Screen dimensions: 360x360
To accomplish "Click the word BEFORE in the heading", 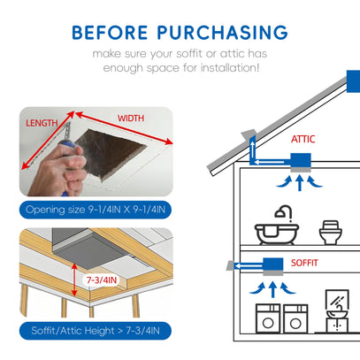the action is [110, 33].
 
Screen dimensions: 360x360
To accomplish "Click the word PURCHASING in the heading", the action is [222, 33].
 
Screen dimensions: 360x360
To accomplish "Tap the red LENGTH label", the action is [42, 123].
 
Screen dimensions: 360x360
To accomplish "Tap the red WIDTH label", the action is [131, 119].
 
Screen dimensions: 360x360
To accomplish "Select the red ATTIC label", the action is [303, 139].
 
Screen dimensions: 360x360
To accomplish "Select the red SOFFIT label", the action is [304, 263].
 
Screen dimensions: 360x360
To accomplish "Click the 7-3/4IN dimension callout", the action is [102, 280].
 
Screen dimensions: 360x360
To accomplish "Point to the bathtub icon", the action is [277, 225].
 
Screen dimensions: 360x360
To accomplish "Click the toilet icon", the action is [331, 233].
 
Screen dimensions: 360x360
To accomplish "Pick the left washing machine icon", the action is [268, 319].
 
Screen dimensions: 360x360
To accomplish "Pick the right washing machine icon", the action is [295, 319].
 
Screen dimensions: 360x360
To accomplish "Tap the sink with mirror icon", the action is [337, 311].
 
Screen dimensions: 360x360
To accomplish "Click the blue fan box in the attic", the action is [301, 160].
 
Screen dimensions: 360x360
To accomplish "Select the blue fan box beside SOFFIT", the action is [273, 264].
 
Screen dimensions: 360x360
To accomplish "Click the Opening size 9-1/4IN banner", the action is [96, 210].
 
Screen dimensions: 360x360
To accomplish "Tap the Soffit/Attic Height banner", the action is [96, 331].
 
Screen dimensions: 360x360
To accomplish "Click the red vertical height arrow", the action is [74, 280].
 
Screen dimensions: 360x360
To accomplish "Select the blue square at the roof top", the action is [353, 81].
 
